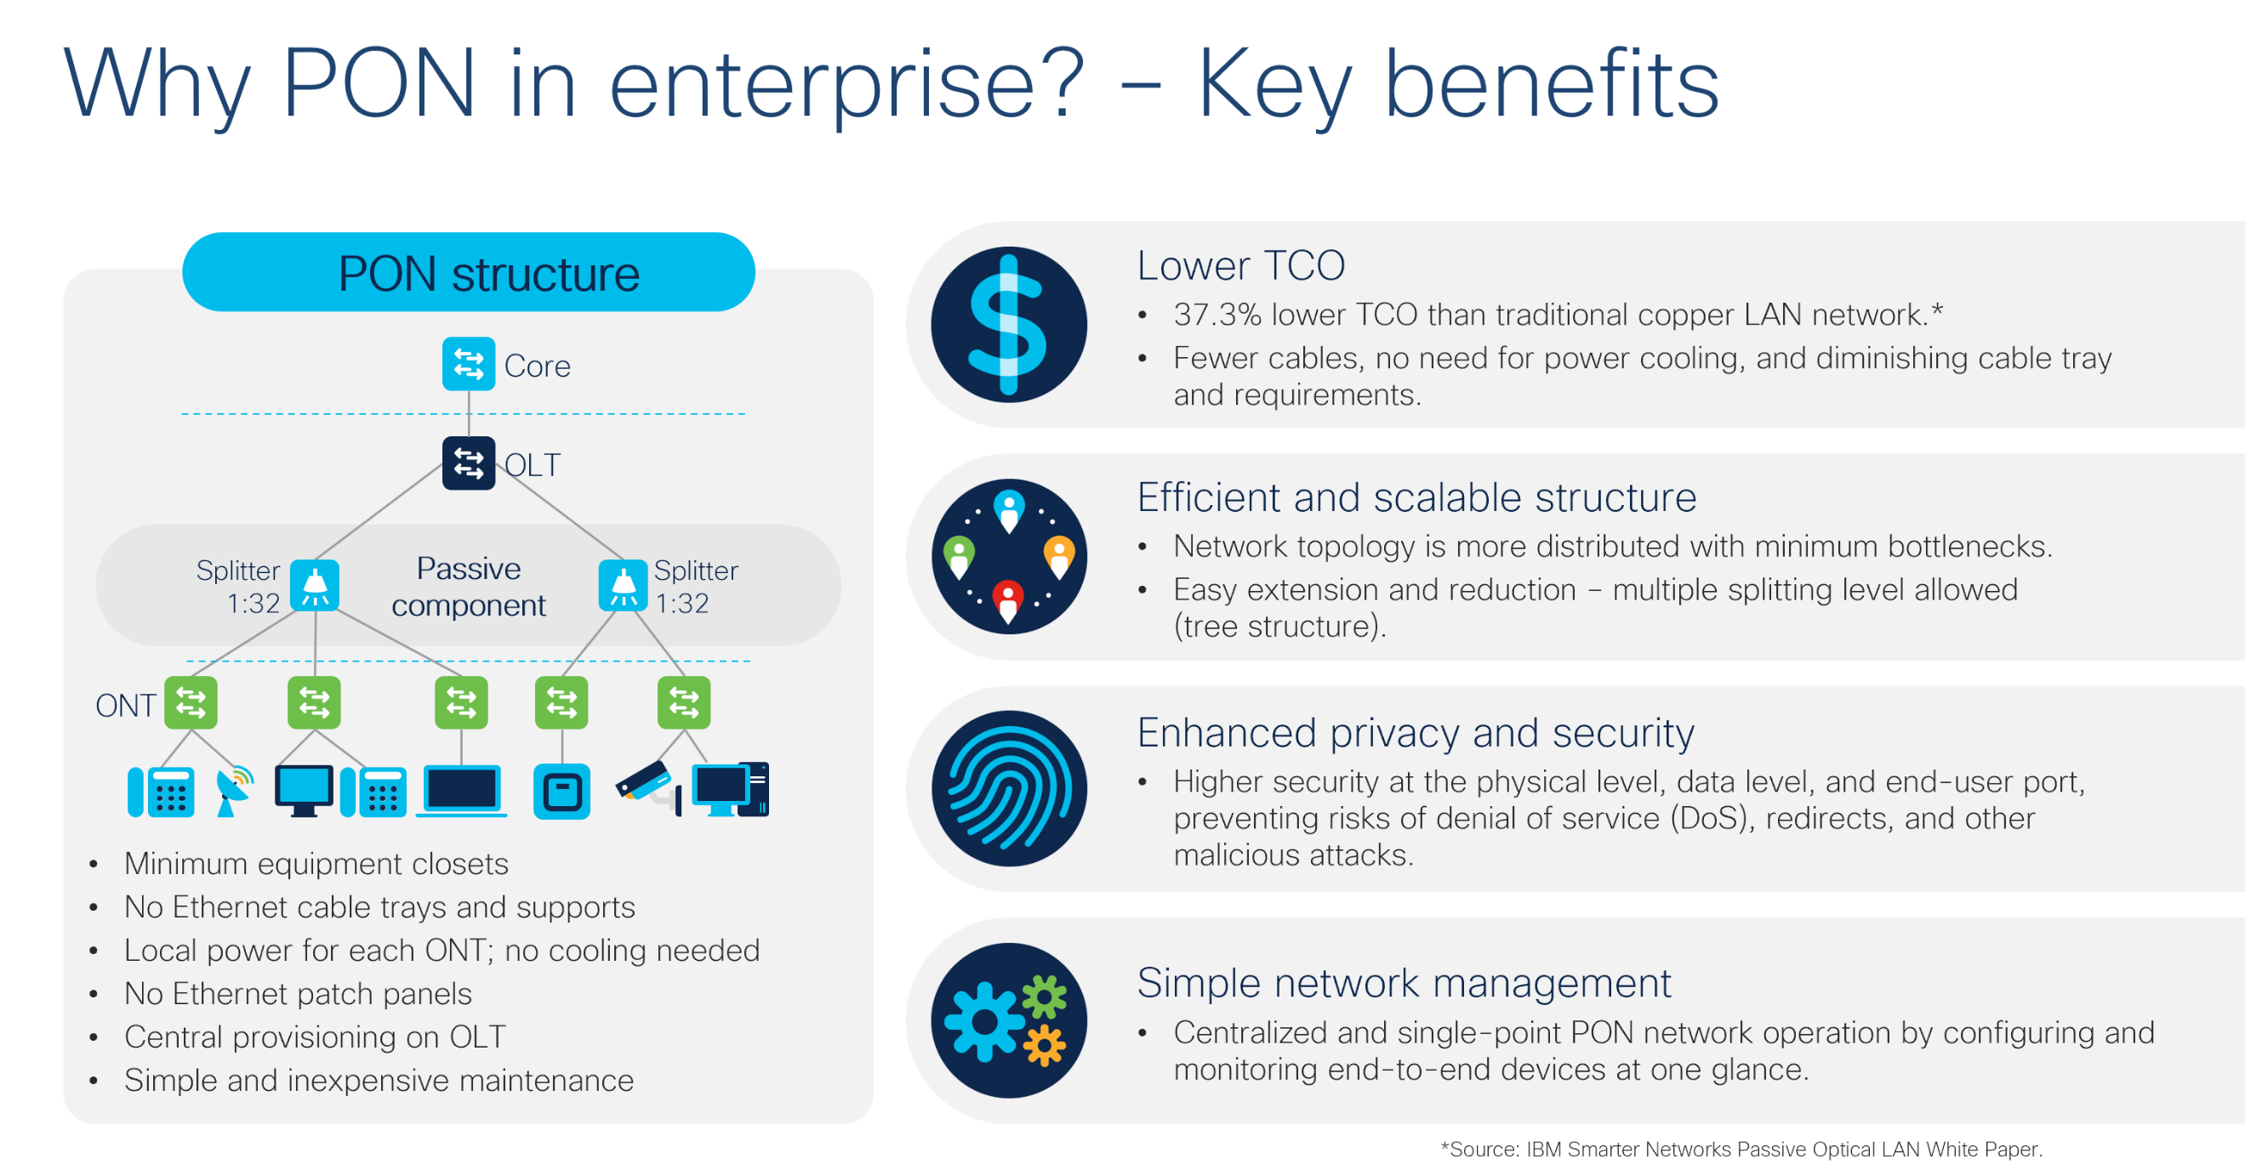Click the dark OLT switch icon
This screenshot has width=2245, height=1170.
(x=469, y=463)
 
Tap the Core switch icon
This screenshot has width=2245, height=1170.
(x=469, y=363)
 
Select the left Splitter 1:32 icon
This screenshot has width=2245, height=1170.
(x=315, y=586)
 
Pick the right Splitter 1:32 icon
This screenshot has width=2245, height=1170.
(x=623, y=586)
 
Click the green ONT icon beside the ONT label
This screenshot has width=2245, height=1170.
(x=191, y=702)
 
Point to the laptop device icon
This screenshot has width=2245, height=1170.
(x=461, y=790)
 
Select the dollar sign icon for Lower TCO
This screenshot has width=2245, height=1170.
(x=1009, y=324)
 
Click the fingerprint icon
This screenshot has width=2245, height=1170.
(x=1009, y=788)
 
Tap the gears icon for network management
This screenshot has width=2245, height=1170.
(x=1009, y=1020)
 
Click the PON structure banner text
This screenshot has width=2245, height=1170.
(x=489, y=274)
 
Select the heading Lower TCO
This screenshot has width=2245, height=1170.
(x=1241, y=264)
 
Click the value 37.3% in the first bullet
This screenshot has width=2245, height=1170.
(x=1217, y=315)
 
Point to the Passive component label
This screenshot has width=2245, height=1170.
(x=469, y=587)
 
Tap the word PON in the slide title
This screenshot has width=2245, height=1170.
(x=379, y=83)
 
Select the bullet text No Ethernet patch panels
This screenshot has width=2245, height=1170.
(x=298, y=993)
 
